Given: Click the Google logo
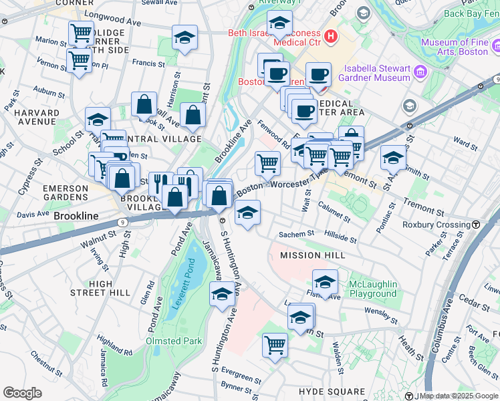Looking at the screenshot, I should (x=22, y=393).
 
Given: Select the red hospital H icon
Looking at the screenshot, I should (x=330, y=36).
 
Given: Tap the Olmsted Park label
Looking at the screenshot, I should (x=174, y=341).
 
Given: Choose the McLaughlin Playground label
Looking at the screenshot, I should (x=372, y=289).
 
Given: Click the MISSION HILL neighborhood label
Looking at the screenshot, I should (x=312, y=255).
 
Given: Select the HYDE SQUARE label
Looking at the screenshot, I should (x=332, y=391).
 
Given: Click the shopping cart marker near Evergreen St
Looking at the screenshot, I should (x=275, y=345).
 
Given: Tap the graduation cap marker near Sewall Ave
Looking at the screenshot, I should (x=184, y=38).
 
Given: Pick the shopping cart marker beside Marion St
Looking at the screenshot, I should (x=81, y=32).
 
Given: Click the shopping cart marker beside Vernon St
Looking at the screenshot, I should (x=79, y=60).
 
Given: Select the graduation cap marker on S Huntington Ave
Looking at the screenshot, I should (x=222, y=293).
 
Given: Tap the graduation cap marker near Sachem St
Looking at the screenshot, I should (x=247, y=213).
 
